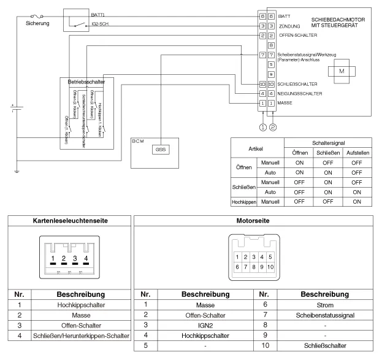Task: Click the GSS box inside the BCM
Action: coord(162,149)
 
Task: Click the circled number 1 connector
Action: coord(262,128)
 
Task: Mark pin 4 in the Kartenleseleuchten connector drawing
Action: coord(86,258)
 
